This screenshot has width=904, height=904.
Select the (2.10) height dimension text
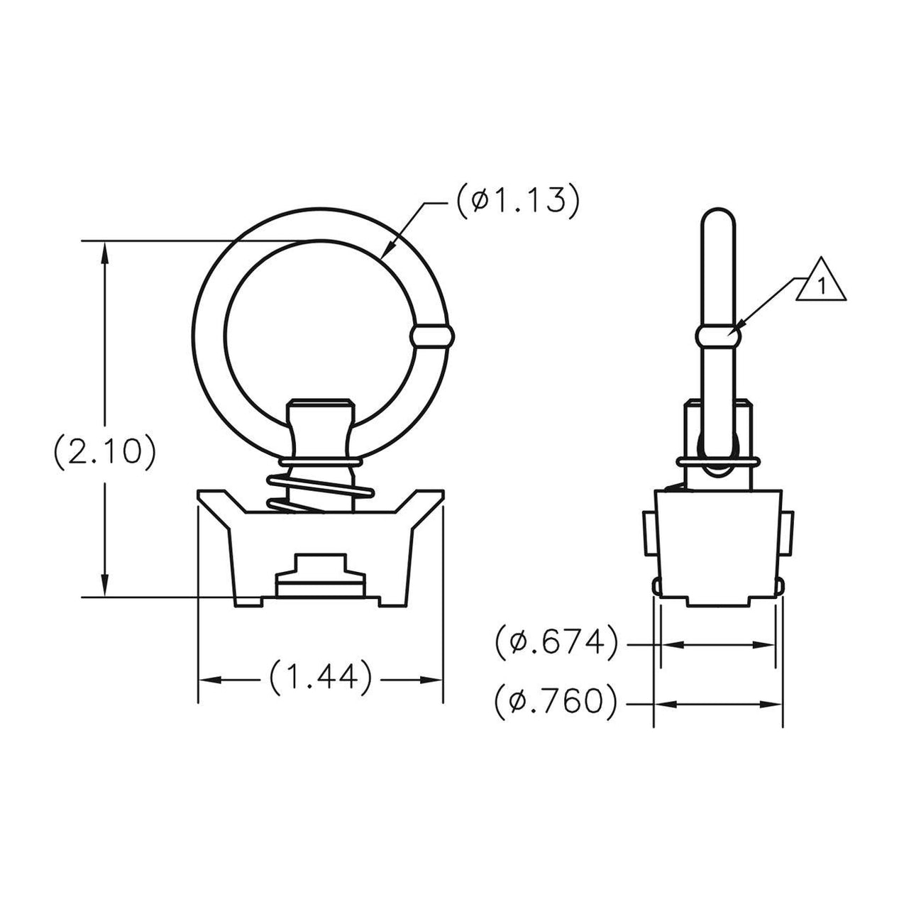104,453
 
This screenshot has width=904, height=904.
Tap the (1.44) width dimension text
321,678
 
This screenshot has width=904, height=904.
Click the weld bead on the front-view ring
430,336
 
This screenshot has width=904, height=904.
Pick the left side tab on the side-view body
647,534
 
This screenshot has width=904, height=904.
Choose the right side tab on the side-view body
788,534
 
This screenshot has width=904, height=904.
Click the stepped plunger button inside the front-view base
321,574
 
